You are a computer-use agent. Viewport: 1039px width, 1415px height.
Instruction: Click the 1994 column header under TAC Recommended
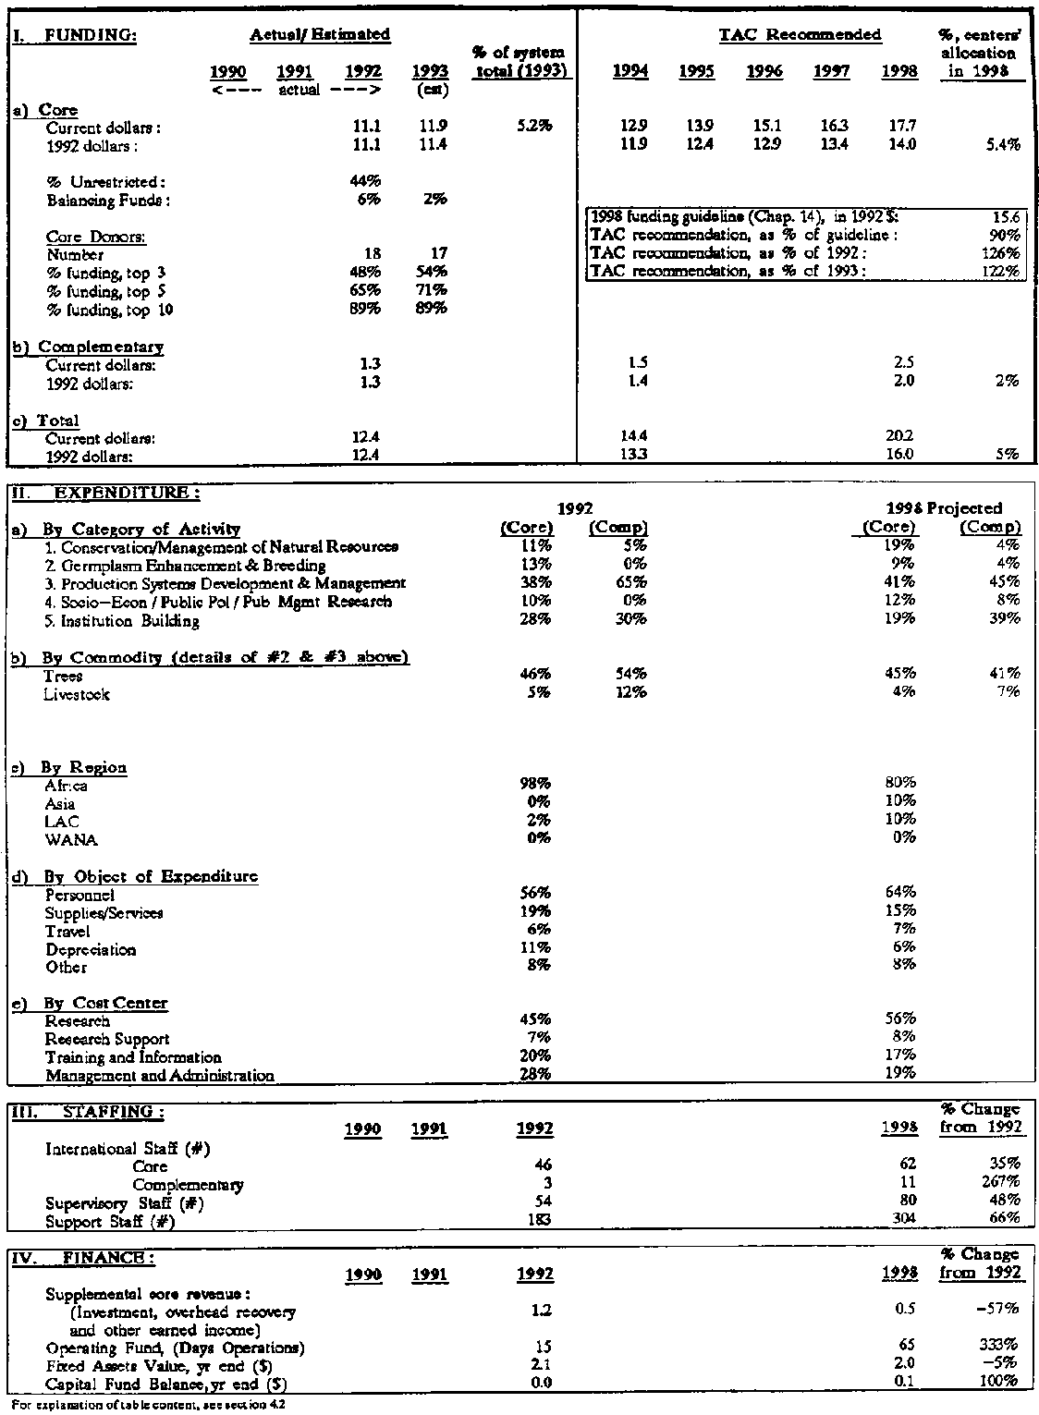(630, 72)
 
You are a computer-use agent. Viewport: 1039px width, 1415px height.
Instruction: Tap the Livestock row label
(77, 694)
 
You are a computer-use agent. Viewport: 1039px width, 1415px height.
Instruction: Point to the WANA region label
(70, 840)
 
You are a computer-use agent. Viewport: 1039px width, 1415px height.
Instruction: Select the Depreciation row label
(91, 949)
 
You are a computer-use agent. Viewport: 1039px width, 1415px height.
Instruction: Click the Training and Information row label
(133, 1057)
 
